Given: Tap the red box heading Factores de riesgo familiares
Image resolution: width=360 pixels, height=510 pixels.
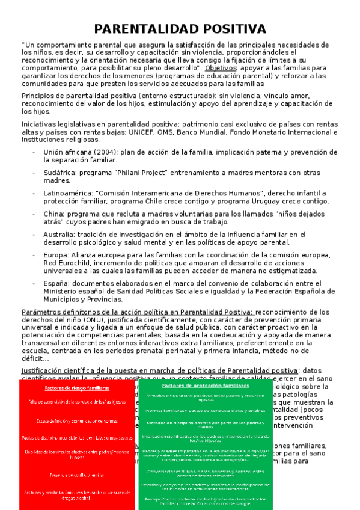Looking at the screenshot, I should (76, 388).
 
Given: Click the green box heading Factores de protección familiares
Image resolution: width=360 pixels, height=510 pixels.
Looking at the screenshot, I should (205, 384).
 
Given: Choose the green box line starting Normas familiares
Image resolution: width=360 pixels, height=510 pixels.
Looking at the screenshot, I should (205, 410).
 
